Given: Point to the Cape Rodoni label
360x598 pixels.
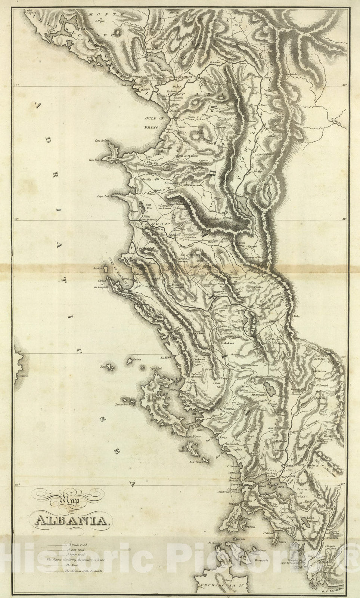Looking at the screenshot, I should coord(101,141).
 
